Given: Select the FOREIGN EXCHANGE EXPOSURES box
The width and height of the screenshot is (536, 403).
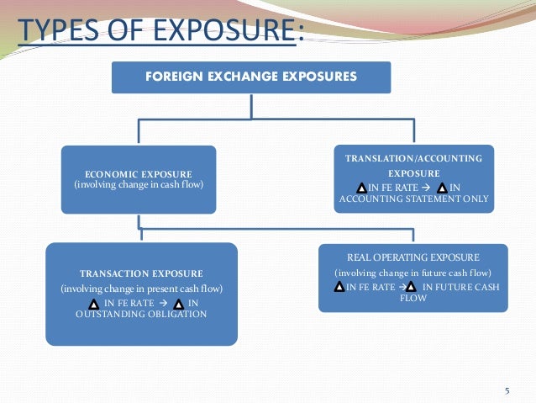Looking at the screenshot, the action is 251,77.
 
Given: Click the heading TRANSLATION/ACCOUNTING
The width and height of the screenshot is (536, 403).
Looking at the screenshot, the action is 414,158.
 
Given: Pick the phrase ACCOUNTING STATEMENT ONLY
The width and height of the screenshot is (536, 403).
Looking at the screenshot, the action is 413,199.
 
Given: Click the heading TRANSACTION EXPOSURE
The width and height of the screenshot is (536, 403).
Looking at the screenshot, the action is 141,273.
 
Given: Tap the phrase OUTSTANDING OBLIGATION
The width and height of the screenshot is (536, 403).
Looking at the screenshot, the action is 140,314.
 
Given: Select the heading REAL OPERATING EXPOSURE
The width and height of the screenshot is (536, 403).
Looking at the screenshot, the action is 413,257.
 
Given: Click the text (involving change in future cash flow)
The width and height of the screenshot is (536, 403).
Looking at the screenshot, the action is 413,273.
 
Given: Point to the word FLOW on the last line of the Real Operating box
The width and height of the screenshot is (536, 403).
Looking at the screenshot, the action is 413,298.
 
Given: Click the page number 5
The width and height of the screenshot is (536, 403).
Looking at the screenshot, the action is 507,390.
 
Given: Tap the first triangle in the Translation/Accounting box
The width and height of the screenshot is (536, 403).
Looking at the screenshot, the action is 361,187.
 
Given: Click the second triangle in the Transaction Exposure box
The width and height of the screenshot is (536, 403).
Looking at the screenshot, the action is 179,302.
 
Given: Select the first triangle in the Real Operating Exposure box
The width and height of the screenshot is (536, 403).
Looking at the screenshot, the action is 339,287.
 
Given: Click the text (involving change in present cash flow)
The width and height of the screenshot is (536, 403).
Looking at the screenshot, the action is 141,289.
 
